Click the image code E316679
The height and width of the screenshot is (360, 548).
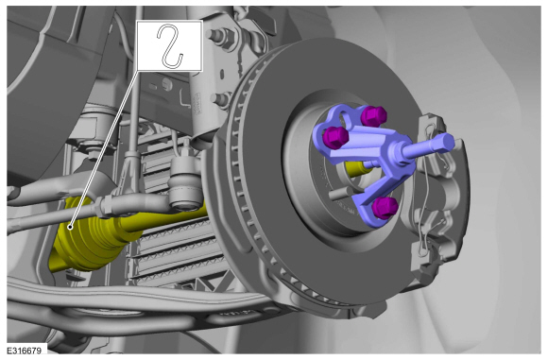tap(25, 351)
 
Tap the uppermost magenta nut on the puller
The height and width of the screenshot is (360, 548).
tap(373, 116)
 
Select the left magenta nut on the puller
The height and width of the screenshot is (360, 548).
tap(336, 137)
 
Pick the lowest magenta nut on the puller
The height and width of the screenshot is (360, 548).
tap(385, 208)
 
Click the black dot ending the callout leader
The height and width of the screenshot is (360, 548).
tap(70, 228)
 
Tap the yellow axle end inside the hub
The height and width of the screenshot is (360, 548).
tap(357, 168)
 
